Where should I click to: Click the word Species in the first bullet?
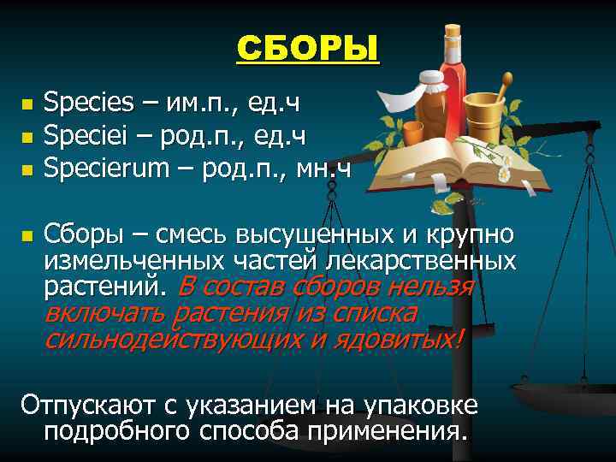89,104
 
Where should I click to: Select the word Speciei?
84,135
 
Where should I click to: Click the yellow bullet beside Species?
27,105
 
